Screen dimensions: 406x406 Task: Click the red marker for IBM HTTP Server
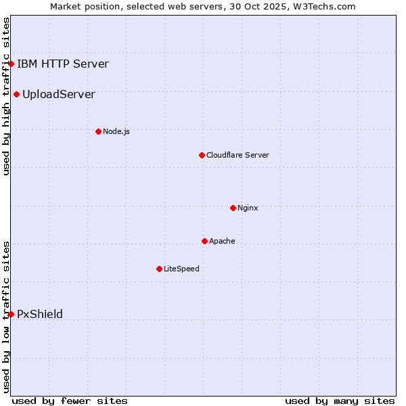[x=12, y=64]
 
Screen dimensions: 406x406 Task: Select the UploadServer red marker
[x=17, y=94]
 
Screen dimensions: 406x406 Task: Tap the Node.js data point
[x=98, y=131]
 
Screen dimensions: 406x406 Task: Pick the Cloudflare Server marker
[x=202, y=155]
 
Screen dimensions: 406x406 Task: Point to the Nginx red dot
[x=233, y=208]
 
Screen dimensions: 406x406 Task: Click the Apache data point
[x=204, y=241]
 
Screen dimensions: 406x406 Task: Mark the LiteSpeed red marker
[x=159, y=269]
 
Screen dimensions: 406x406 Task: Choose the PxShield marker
[x=12, y=314]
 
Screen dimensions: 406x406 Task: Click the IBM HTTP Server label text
[x=62, y=64]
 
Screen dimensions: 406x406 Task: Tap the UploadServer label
[x=58, y=94]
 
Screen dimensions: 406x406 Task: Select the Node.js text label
[x=116, y=131]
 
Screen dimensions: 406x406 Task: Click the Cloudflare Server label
[x=238, y=155]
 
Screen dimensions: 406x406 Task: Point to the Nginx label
[x=248, y=208]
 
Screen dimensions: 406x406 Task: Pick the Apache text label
[x=222, y=241]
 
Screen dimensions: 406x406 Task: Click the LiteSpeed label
[x=181, y=269]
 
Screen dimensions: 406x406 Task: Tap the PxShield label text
[x=40, y=314]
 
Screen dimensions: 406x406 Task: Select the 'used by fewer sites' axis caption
[x=70, y=401]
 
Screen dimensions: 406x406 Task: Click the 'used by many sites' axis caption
[x=340, y=401]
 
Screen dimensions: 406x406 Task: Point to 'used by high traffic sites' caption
[x=6, y=96]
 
